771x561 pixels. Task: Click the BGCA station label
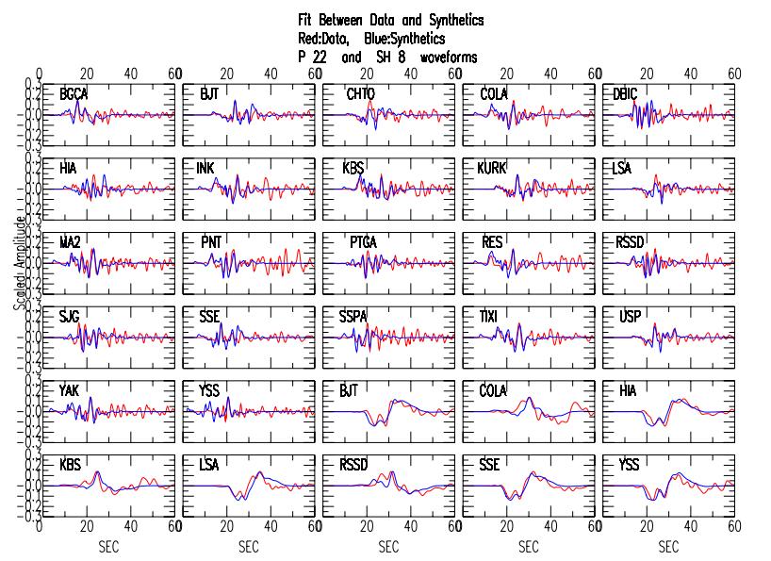(x=74, y=94)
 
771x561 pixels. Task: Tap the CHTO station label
(x=361, y=94)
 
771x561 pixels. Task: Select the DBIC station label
(x=626, y=94)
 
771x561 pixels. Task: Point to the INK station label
(x=205, y=168)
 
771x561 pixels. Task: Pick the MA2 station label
(x=70, y=242)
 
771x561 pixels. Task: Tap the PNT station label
(x=209, y=242)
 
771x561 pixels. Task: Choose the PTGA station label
(x=363, y=242)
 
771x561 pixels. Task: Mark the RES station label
(x=491, y=242)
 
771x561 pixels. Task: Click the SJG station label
(x=69, y=317)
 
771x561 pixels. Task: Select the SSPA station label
(x=363, y=317)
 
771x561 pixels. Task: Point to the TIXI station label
(x=492, y=317)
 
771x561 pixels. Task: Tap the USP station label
(x=628, y=317)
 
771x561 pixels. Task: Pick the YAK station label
(x=69, y=390)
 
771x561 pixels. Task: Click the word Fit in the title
(x=304, y=20)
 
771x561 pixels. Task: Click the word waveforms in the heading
(x=449, y=58)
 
